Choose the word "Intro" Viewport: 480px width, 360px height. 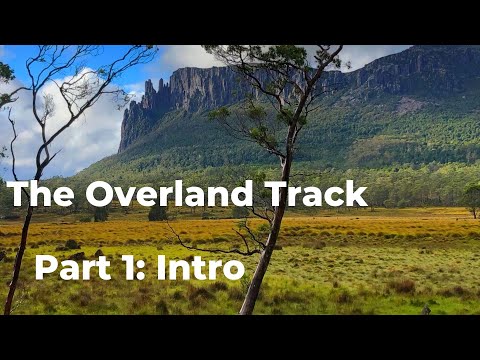(200, 268)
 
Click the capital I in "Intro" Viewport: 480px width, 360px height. (161, 268)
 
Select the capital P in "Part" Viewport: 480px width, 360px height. (46, 268)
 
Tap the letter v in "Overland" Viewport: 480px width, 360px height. (125, 196)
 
